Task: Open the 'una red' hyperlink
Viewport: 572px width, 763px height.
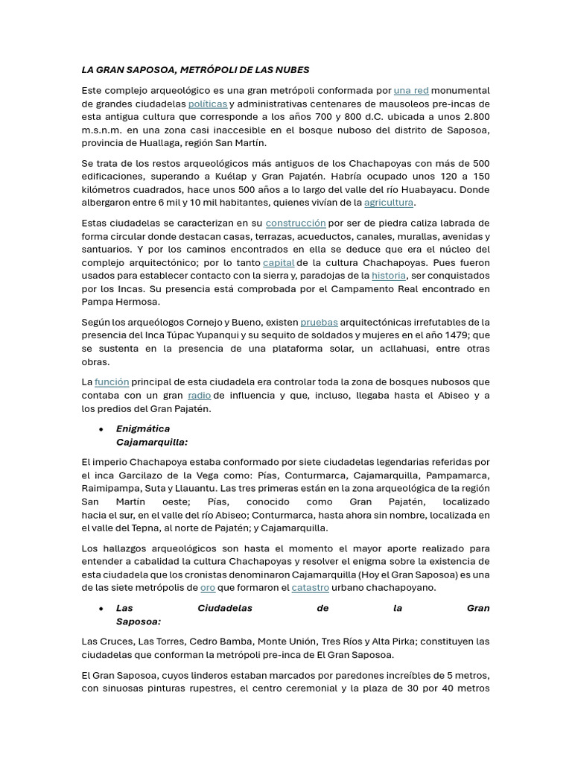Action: click(x=411, y=91)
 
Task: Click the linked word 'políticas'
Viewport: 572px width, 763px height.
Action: click(x=207, y=104)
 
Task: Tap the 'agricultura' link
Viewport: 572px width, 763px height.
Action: click(x=388, y=203)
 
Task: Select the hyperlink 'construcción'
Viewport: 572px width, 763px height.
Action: click(x=296, y=223)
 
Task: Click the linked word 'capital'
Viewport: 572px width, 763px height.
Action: click(x=279, y=263)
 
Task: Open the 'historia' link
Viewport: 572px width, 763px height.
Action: click(x=389, y=276)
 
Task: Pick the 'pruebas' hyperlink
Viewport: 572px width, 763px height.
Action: click(x=319, y=323)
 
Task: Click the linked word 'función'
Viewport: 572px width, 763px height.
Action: click(x=112, y=382)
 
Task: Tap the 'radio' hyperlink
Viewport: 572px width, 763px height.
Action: click(x=199, y=396)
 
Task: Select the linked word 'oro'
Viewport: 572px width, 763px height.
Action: click(x=208, y=588)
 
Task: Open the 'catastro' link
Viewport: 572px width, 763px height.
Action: click(x=310, y=588)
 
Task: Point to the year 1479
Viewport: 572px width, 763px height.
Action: click(x=465, y=335)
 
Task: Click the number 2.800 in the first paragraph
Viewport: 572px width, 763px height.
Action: click(x=477, y=117)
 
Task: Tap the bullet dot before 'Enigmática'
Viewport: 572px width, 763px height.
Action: click(x=101, y=429)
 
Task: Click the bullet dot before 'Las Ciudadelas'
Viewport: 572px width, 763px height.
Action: click(x=101, y=609)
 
